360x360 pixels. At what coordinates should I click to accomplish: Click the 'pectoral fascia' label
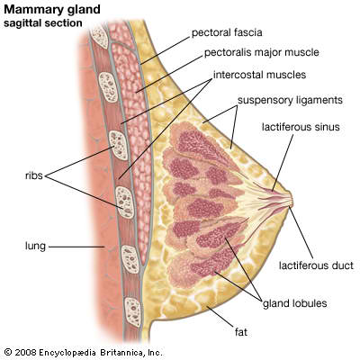[x=227, y=32]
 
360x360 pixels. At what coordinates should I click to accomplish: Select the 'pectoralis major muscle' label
[x=261, y=52]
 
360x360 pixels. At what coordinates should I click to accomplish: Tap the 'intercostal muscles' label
[x=259, y=75]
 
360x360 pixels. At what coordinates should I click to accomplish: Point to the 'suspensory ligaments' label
[x=290, y=100]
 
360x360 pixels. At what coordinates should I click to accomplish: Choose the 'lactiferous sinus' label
[x=301, y=127]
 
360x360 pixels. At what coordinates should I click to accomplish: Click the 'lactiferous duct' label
[x=316, y=265]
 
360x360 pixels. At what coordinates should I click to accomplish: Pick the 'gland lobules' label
[x=295, y=303]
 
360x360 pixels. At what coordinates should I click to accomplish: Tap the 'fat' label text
[x=241, y=332]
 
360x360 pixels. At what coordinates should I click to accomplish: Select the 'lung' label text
[x=35, y=247]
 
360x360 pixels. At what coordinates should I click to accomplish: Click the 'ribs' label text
[x=34, y=175]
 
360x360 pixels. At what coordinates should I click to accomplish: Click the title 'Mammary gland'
[x=52, y=10]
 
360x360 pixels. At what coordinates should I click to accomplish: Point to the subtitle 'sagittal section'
[x=43, y=23]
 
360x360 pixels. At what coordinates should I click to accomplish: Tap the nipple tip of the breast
[x=292, y=199]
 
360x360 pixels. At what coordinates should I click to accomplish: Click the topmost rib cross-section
[x=99, y=36]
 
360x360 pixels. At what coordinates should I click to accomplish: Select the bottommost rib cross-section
[x=132, y=312]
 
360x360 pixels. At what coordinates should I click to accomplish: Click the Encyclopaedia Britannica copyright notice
[x=84, y=352]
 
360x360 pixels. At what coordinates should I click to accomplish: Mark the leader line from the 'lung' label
[x=76, y=247]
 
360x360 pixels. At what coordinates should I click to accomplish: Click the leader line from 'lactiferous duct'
[x=301, y=232]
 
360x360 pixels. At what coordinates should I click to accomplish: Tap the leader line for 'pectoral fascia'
[x=166, y=50]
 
